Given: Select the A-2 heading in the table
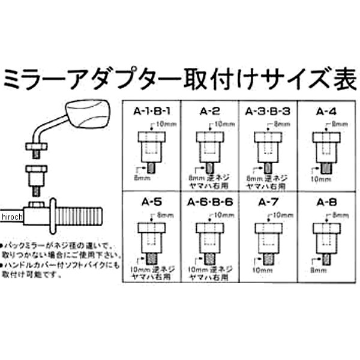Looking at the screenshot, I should [x=208, y=110].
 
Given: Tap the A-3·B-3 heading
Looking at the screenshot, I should [x=265, y=110].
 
